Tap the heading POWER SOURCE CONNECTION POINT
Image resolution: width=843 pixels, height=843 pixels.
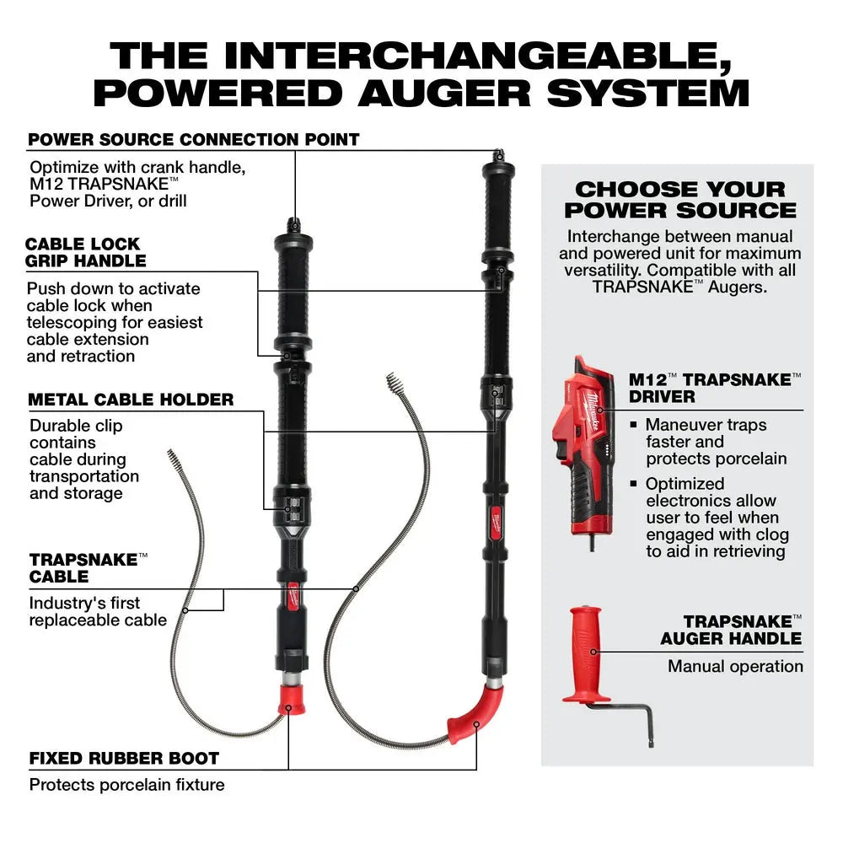pos(194,139)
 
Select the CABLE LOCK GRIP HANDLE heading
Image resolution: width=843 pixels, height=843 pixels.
pos(85,252)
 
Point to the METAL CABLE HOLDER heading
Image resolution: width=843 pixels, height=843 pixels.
pos(131,400)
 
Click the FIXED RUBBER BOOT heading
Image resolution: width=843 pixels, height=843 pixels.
pos(124,758)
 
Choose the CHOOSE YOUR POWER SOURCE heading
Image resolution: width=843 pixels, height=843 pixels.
pos(679,200)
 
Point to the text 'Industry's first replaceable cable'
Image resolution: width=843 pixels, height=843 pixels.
pos(98,611)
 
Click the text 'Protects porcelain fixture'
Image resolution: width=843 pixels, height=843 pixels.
pos(126,785)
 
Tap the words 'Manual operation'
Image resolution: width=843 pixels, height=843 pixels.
pos(735,666)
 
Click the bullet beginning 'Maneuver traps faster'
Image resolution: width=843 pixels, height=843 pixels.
pos(716,442)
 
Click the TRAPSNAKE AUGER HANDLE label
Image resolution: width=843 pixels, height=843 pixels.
pos(731,630)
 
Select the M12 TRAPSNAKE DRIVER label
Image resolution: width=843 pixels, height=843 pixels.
pos(715,388)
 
